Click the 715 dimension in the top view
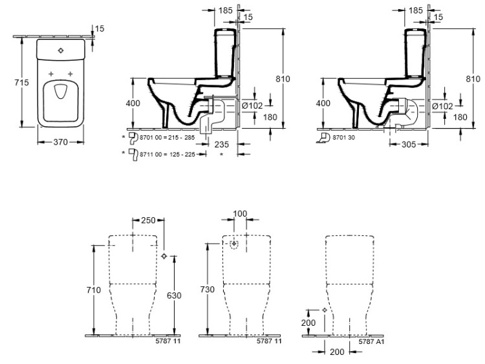(x=21, y=83)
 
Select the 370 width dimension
(x=61, y=142)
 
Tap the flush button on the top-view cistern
(x=61, y=50)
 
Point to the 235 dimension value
(x=222, y=144)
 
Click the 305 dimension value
(x=409, y=144)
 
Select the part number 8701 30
(x=343, y=138)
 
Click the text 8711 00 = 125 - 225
(x=167, y=155)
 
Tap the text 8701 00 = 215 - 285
(x=167, y=138)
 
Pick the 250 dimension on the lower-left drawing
(x=148, y=220)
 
